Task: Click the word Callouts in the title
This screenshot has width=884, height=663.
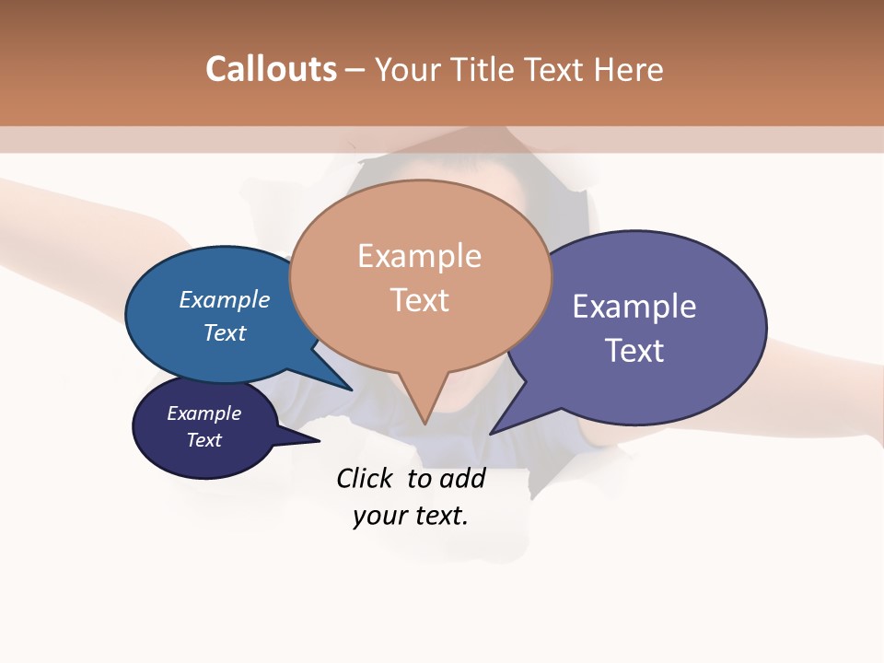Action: click(271, 69)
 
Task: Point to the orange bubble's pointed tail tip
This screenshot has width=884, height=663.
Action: click(425, 423)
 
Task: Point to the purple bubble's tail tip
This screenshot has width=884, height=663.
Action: click(492, 433)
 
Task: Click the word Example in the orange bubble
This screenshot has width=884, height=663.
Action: click(419, 256)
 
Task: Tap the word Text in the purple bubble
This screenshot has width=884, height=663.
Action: click(634, 351)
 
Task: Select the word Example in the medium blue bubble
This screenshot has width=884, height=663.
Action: click(225, 299)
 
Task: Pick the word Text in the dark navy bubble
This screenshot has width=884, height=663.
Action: click(204, 440)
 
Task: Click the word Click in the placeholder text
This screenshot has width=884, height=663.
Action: click(366, 478)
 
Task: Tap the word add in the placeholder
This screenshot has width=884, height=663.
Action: click(461, 478)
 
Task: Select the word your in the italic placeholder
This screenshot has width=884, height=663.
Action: click(378, 516)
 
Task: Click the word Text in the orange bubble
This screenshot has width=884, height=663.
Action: click(419, 300)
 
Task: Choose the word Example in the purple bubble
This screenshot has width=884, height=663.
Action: click(634, 307)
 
